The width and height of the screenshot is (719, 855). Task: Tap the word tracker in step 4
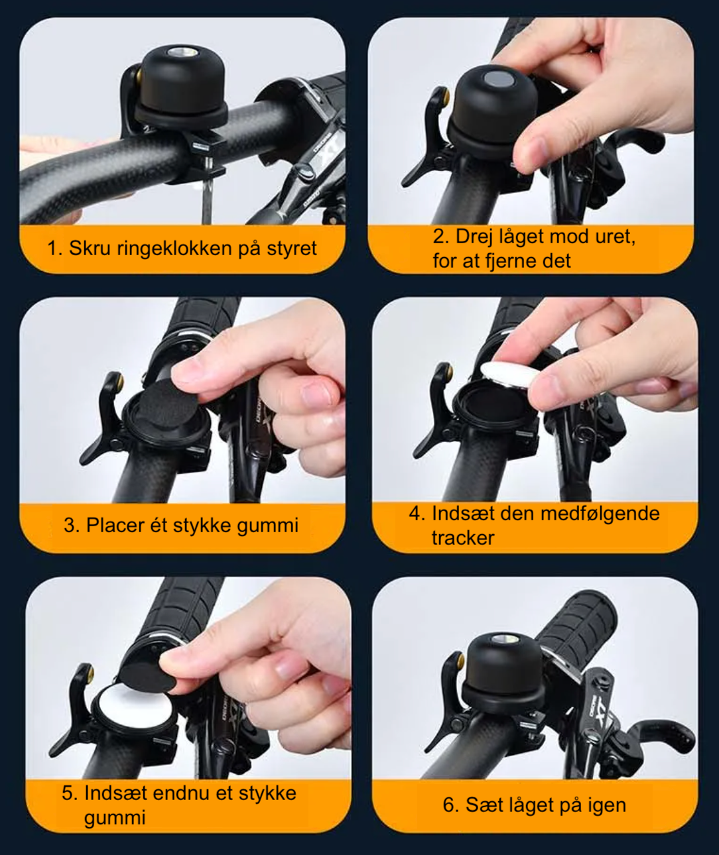pos(463,538)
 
